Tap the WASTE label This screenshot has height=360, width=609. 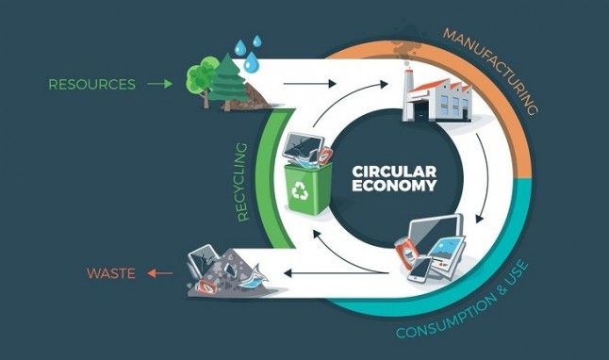pyautogui.click(x=111, y=274)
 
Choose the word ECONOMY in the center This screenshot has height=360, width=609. pyautogui.click(x=393, y=187)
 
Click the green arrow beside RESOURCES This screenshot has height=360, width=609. pyautogui.click(x=159, y=85)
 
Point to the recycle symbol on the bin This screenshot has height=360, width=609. pyautogui.click(x=300, y=192)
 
